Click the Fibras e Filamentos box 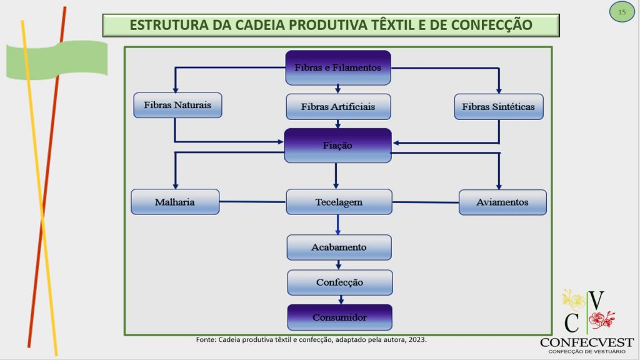coord(338,67)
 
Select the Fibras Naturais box coord(177,105)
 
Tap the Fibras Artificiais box coord(338,107)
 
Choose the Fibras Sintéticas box coord(499,107)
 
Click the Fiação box coord(338,146)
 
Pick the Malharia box coord(175,202)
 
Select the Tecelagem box coord(339,202)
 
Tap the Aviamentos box coord(502,202)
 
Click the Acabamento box coord(339,247)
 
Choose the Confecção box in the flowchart coord(340,282)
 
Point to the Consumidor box coord(340,317)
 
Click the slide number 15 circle coord(622,12)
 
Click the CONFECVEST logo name coord(586,342)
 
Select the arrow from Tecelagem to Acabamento coord(338,224)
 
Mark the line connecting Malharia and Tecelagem coord(252,202)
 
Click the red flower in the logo coord(602,319)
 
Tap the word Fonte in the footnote coord(205,339)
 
